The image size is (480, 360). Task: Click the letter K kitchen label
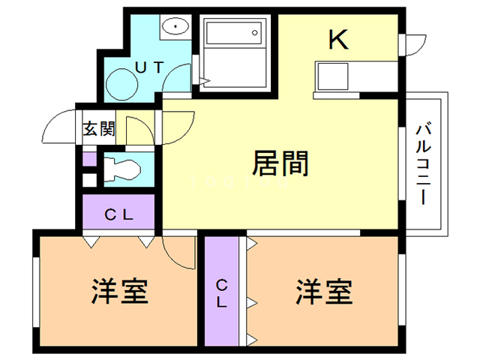tap(339, 40)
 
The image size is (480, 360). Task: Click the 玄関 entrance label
tap(98, 129)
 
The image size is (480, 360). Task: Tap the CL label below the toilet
tap(118, 214)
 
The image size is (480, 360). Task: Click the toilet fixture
tap(120, 169)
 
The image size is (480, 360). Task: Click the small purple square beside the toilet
tap(88, 159)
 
